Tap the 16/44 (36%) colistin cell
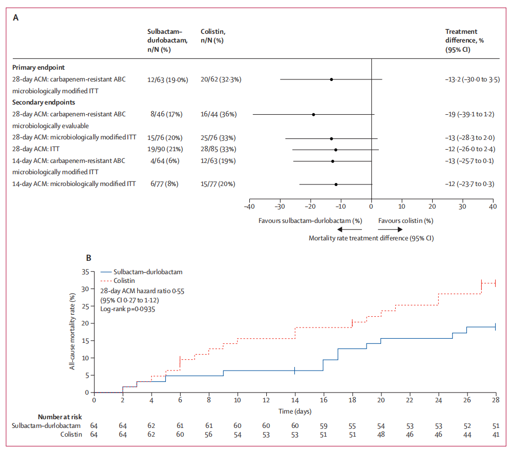(219, 114)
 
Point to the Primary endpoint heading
(38, 67)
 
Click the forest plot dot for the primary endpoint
(331, 79)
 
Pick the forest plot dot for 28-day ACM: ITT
(335, 150)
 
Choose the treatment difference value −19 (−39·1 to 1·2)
(470, 114)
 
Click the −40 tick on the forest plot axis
(249, 207)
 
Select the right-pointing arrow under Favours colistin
(389, 230)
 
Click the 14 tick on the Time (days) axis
(295, 400)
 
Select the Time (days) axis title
(295, 411)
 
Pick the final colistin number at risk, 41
(496, 435)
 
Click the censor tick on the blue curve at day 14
(295, 371)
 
